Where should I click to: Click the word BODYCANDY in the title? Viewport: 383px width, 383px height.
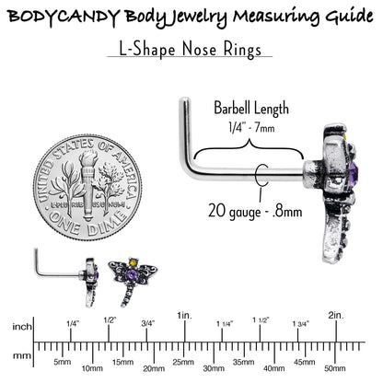pyautogui.click(x=64, y=17)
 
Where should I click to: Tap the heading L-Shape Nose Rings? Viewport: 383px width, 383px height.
pyautogui.click(x=190, y=50)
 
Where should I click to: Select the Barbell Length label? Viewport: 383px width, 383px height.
pyautogui.click(x=251, y=109)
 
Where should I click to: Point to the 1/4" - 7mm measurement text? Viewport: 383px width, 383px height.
pyautogui.click(x=251, y=127)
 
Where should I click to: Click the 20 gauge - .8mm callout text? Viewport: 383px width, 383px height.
pyautogui.click(x=255, y=212)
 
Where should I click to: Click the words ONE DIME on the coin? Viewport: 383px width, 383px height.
pyautogui.click(x=88, y=223)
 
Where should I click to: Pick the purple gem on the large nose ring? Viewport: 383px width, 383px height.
pyautogui.click(x=354, y=172)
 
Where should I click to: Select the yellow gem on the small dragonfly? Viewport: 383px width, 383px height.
pyautogui.click(x=133, y=262)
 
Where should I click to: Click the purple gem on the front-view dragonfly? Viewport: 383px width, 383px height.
pyautogui.click(x=132, y=274)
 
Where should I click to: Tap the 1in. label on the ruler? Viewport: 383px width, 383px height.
pyautogui.click(x=185, y=316)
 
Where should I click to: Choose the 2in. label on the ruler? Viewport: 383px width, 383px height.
pyautogui.click(x=336, y=315)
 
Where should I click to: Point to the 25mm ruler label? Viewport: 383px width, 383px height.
pyautogui.click(x=183, y=362)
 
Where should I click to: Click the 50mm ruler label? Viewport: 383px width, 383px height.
pyautogui.click(x=335, y=368)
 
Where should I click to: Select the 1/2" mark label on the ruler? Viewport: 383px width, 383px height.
pyautogui.click(x=110, y=320)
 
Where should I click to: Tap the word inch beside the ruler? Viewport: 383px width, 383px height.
pyautogui.click(x=22, y=327)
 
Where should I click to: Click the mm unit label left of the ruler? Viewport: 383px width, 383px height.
pyautogui.click(x=22, y=356)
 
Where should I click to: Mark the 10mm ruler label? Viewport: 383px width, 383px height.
pyautogui.click(x=92, y=368)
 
